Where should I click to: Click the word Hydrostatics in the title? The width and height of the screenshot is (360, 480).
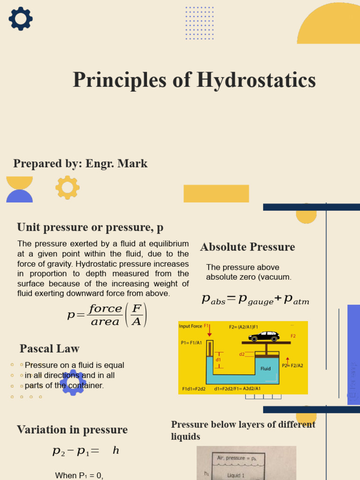click(256, 80)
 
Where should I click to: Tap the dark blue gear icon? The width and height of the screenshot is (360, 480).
click(21, 19)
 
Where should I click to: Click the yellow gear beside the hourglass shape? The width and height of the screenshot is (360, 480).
click(67, 187)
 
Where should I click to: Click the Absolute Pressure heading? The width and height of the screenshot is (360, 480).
click(247, 247)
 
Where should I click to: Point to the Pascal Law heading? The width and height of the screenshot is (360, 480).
click(49, 349)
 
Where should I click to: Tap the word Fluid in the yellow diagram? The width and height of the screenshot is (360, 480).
click(266, 368)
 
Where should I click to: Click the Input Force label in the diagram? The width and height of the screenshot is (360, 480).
click(190, 326)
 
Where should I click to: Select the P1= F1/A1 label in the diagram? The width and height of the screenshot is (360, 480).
click(191, 343)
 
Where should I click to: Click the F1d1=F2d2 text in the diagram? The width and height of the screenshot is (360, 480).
click(194, 389)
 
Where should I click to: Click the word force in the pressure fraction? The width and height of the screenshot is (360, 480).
click(105, 309)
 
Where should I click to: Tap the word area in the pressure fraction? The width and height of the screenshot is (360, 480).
click(105, 322)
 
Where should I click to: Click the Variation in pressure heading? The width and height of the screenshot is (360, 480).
click(72, 430)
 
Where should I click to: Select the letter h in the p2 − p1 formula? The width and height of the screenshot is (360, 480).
click(116, 451)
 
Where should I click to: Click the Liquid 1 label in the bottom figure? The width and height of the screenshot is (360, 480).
click(236, 475)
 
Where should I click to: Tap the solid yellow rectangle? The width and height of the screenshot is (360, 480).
click(216, 194)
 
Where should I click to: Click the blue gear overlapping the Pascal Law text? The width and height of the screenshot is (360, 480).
click(73, 382)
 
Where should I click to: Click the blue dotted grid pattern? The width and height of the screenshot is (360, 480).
click(199, 23)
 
